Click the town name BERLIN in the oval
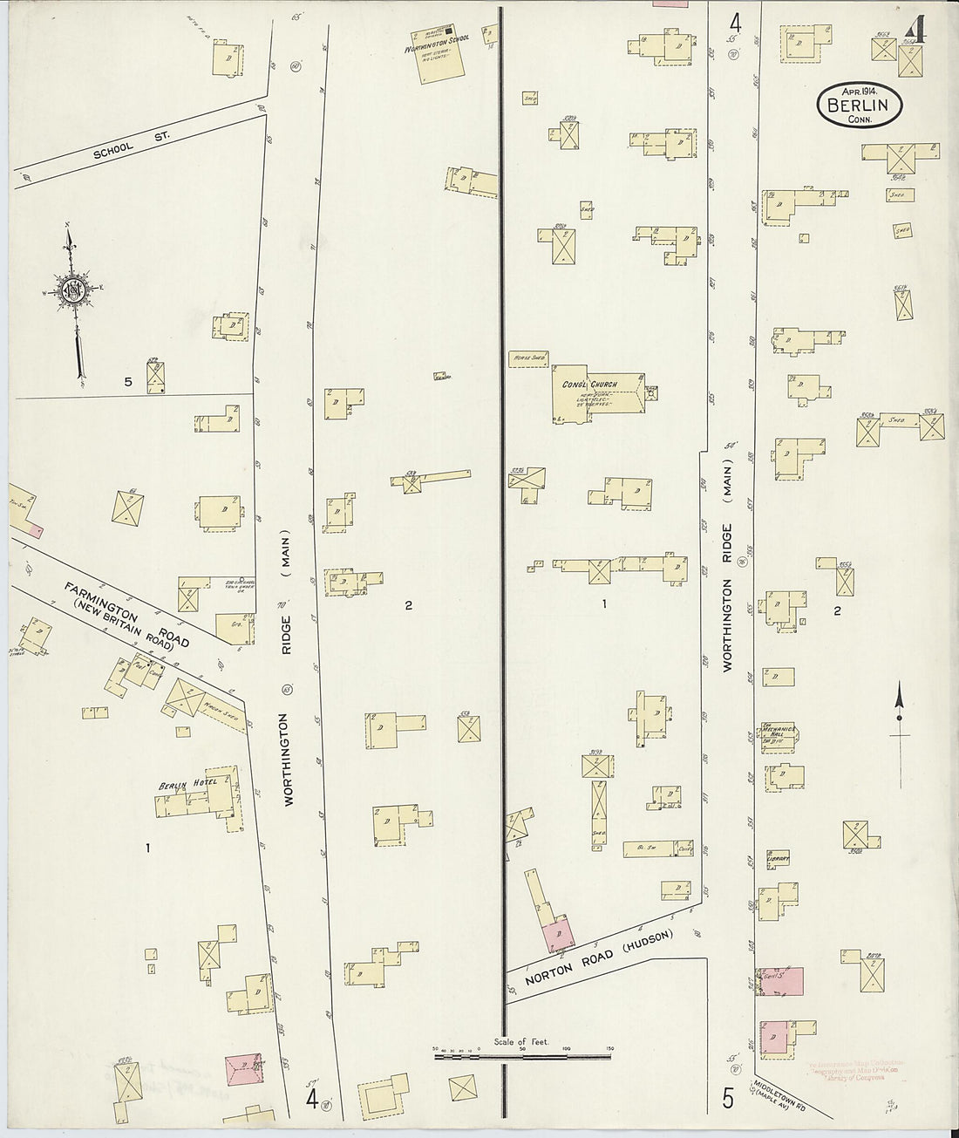pyautogui.click(x=860, y=106)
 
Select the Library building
pyautogui.click(x=778, y=858)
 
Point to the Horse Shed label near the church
pyautogui.click(x=526, y=358)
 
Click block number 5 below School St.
pyautogui.click(x=127, y=381)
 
